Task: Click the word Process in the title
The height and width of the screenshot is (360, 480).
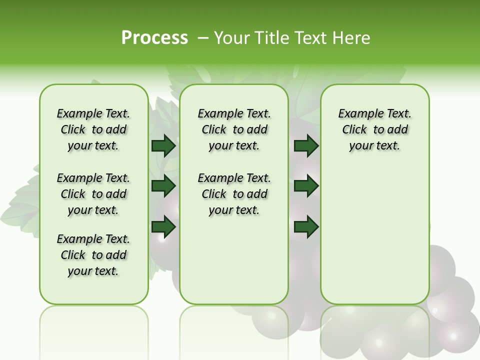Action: [154, 38]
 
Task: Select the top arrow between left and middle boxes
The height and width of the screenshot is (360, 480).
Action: [163, 145]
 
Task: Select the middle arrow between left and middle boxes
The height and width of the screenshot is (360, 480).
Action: [163, 186]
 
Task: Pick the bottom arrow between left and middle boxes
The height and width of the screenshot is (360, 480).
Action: [163, 226]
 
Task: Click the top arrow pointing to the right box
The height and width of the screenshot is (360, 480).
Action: [306, 145]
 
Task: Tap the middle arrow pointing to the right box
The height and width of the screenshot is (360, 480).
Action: [306, 186]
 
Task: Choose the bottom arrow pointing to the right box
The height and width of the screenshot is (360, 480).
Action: [306, 226]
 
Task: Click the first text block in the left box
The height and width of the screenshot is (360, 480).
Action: [93, 129]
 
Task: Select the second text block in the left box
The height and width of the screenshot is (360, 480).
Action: [93, 194]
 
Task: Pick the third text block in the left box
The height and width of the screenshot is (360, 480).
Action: [93, 255]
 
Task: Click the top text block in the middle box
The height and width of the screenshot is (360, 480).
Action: [234, 129]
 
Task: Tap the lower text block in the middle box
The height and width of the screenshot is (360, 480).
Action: [234, 194]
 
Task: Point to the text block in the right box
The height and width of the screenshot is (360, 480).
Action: [375, 129]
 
